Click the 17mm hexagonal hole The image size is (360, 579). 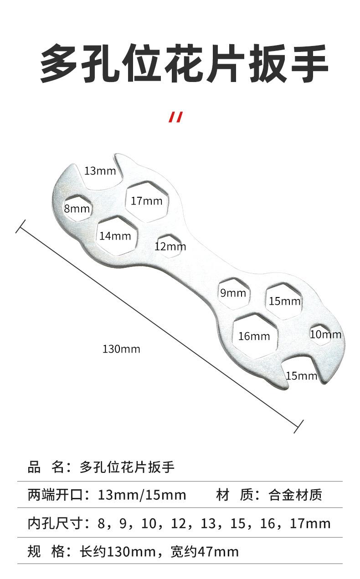tap(147, 200)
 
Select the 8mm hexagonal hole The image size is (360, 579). tap(77, 209)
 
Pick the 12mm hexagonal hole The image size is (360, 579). tap(170, 246)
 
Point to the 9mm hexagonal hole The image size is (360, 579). tap(233, 292)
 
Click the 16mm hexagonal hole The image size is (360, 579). tap(254, 336)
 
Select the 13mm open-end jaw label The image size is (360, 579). tap(100, 171)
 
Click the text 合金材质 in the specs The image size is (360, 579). tap(295, 495)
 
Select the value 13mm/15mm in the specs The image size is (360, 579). tap(142, 495)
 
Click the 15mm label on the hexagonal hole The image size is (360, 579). tap(285, 301)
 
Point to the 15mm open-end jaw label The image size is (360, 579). tap(301, 376)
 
